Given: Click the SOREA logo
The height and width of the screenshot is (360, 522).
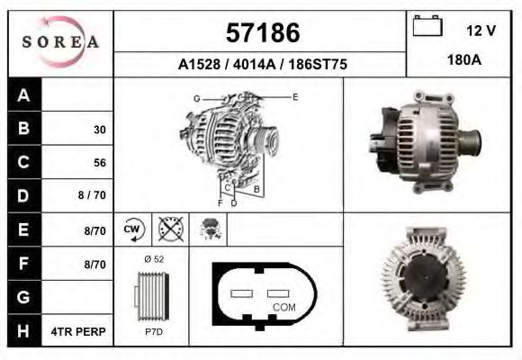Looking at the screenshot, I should pos(60,42).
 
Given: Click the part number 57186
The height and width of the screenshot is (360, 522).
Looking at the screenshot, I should pos(262,33).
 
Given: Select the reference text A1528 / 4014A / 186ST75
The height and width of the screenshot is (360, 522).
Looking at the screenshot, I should pos(261,65).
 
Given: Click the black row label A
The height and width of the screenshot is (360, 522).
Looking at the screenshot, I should pos(23,95).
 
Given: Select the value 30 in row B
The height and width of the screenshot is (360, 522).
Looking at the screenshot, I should pos(99,130).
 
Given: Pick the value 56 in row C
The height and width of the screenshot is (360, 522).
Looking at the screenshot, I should pos(99,164).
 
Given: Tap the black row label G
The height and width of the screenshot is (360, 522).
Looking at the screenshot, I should pos(23,298).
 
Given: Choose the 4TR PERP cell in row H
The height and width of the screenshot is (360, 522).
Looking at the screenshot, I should pos(80,332).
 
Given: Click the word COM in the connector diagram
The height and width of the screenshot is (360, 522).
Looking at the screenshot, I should pos(283,307).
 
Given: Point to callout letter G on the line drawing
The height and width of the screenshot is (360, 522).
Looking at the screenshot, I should pos(196,97).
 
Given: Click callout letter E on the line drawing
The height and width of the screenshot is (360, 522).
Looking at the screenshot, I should pos(295,96).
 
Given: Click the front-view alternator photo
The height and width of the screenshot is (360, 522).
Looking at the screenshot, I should pos(423,280).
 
